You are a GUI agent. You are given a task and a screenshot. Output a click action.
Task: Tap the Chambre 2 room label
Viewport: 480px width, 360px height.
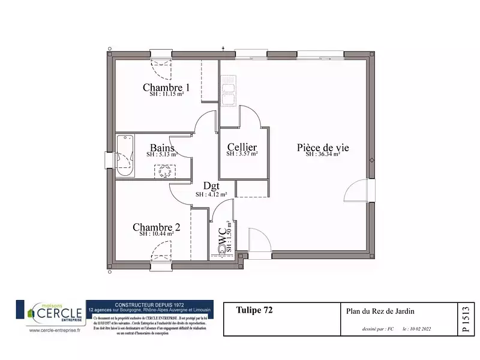point(156,227)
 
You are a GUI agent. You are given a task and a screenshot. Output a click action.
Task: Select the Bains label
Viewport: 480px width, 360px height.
point(162,148)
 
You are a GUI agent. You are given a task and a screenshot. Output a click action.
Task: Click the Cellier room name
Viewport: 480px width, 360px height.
point(242,147)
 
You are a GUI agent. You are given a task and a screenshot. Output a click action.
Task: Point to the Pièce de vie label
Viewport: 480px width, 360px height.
point(323,147)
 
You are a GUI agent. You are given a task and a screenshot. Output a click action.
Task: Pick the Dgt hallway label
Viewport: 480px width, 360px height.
point(211,186)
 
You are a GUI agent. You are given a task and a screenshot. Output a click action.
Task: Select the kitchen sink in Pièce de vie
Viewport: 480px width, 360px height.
point(228,94)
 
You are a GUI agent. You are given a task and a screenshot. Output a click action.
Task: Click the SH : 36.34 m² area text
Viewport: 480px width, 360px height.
point(323,154)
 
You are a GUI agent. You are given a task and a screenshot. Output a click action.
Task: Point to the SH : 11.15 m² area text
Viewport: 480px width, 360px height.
point(166,94)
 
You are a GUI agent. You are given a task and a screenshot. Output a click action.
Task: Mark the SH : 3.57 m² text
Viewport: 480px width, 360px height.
point(242,154)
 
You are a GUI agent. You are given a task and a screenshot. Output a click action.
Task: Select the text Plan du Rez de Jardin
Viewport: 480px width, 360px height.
point(380,311)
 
